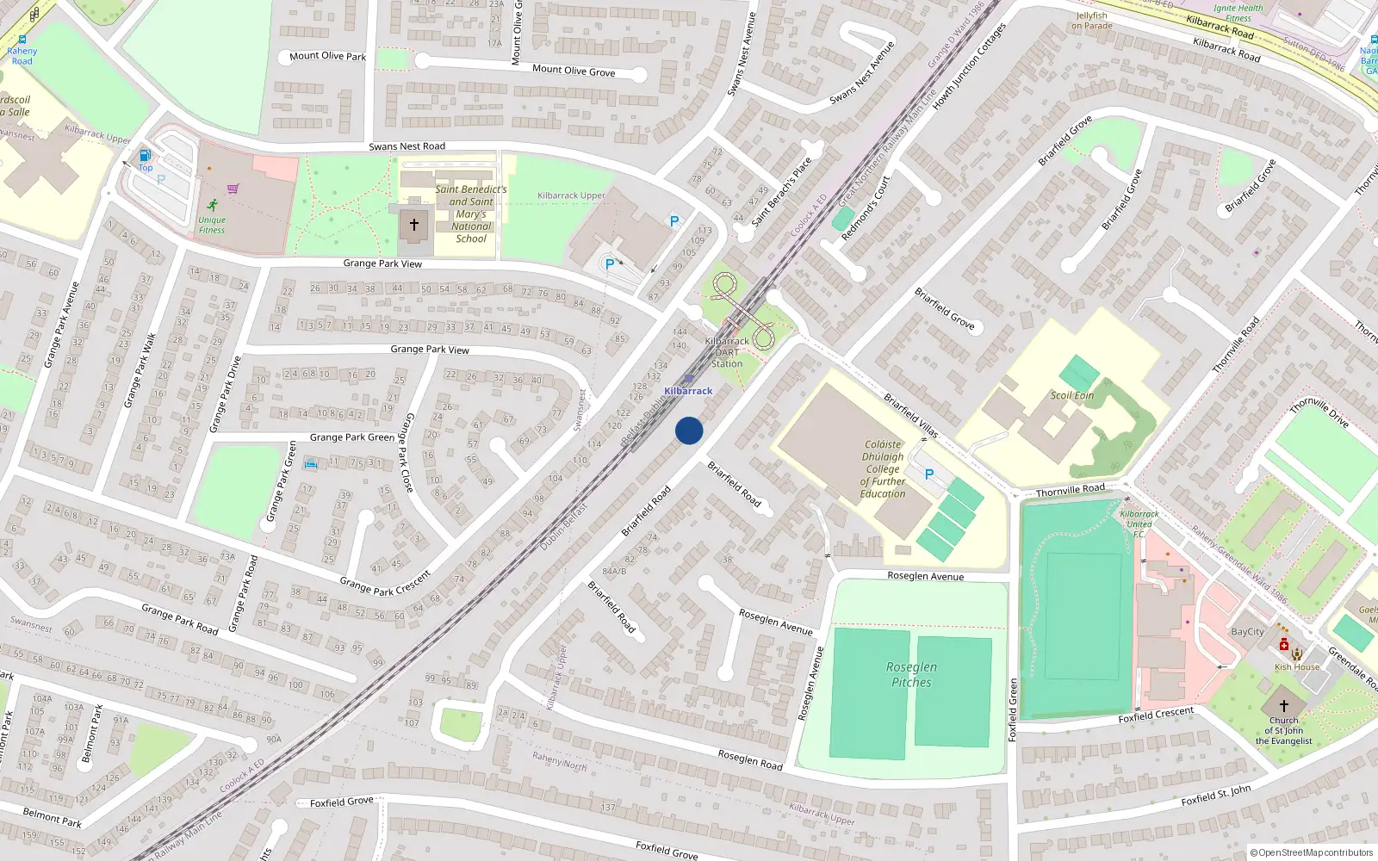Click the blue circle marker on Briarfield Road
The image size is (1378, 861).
tap(689, 430)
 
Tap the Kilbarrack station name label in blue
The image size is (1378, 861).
tap(688, 391)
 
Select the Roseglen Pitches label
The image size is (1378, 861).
tap(911, 674)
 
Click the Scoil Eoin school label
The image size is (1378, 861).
tap(1072, 395)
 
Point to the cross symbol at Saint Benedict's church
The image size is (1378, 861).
tap(414, 225)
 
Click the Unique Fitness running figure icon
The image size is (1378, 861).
tap(212, 205)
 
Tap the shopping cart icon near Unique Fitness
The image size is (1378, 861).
tap(233, 189)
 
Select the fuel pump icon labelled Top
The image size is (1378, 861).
tap(145, 156)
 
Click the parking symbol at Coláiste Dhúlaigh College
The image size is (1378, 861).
tap(929, 474)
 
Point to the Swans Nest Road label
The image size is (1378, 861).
tap(407, 146)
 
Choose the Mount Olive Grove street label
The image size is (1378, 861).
tap(574, 71)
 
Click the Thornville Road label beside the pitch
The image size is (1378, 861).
tap(1070, 491)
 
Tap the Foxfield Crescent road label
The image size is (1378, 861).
tap(1156, 715)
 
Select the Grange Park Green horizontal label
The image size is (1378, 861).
tap(352, 437)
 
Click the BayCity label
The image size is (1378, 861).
tap(1247, 632)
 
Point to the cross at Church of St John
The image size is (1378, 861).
tap(1283, 706)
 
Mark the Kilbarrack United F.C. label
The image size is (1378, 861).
tap(1139, 523)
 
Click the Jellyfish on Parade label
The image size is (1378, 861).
tap(1092, 21)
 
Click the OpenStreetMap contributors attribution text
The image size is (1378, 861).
tap(1315, 853)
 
